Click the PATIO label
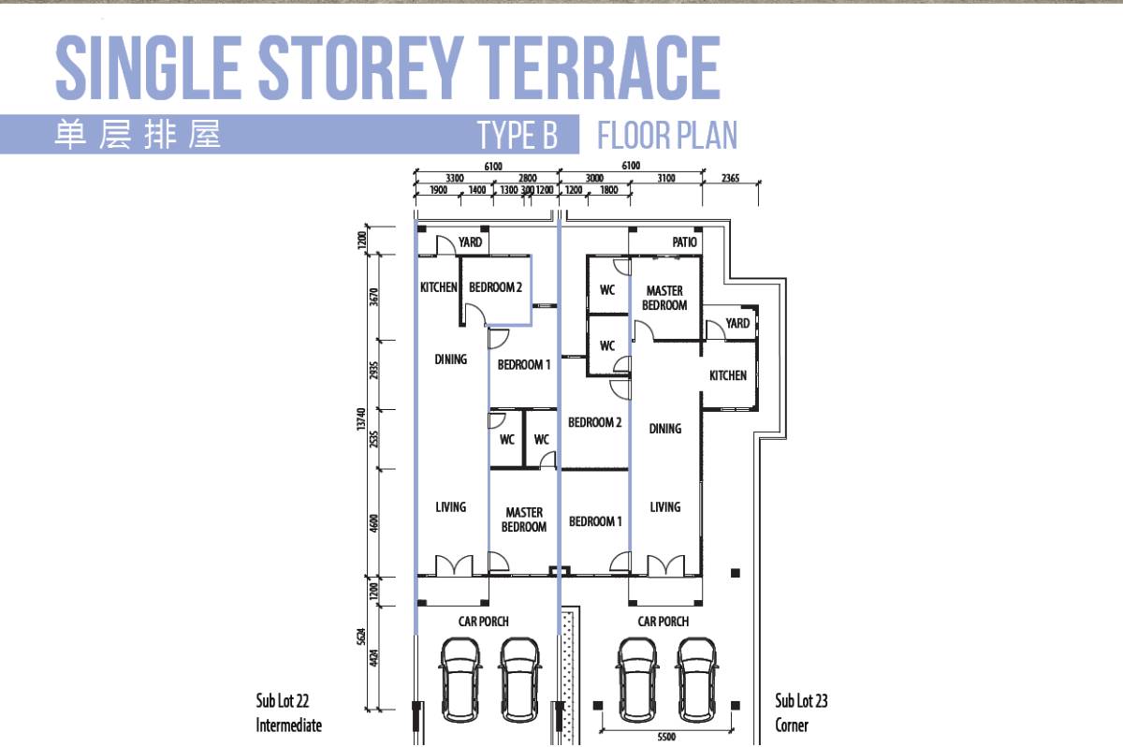(x=684, y=242)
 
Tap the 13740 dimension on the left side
(x=361, y=418)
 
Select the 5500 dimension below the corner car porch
(x=666, y=737)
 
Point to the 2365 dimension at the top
(x=730, y=178)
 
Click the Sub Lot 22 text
(x=283, y=700)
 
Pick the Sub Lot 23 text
(x=801, y=700)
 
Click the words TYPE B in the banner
(x=518, y=135)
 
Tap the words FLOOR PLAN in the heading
(x=667, y=135)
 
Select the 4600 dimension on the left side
(x=374, y=523)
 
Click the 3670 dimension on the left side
(x=374, y=297)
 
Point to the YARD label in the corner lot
(x=737, y=323)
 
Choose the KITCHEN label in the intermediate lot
(x=439, y=287)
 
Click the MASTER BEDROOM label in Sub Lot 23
(x=664, y=298)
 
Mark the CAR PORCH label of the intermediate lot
(x=483, y=622)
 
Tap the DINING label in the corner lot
(x=665, y=429)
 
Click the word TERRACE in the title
(x=599, y=67)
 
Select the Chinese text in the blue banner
(x=138, y=135)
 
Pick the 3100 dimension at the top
(x=666, y=178)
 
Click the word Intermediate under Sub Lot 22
(x=289, y=725)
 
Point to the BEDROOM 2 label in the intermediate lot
(x=495, y=287)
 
